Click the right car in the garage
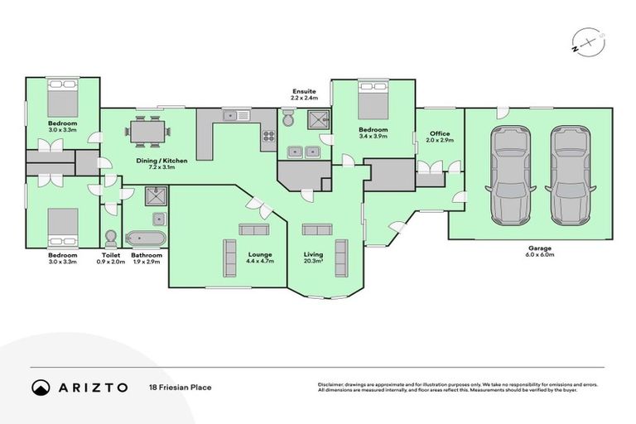[x=570, y=175]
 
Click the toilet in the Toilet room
[x=112, y=236]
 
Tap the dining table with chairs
[x=147, y=130]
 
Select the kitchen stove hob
[x=269, y=137]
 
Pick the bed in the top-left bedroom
[x=62, y=99]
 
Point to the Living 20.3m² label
[x=313, y=258]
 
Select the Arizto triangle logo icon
[x=41, y=387]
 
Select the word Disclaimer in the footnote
[x=330, y=384]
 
